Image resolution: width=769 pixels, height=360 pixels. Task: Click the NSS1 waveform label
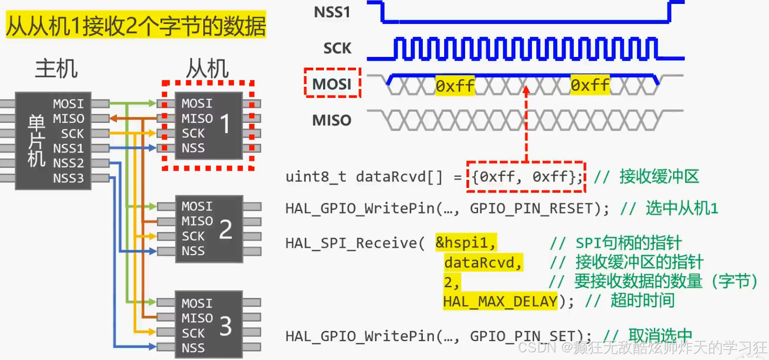coord(332,12)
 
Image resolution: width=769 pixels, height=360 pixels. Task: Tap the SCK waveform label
coord(337,48)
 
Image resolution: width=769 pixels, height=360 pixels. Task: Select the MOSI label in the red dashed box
coord(332,84)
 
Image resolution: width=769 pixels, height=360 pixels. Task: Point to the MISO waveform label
coord(332,120)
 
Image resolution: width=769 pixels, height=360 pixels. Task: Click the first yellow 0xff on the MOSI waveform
coord(455,86)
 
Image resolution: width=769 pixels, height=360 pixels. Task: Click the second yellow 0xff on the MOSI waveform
coord(590,85)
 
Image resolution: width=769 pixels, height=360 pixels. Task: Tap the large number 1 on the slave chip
coord(225,124)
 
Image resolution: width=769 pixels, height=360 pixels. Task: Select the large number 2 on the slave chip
coord(226,229)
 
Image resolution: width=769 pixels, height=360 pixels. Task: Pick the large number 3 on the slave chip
coord(226,326)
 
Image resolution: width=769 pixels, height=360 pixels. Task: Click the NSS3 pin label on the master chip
coord(68,178)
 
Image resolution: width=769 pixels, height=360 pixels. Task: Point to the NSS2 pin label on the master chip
coord(68,163)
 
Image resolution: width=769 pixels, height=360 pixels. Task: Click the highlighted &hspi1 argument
coord(466,243)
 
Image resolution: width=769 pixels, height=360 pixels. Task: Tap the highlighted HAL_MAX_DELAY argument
coord(500,301)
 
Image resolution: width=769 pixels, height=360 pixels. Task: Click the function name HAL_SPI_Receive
coord(351,243)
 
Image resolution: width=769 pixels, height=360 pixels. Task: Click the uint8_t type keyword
coord(316,176)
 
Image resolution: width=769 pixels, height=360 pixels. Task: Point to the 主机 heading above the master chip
coord(56,68)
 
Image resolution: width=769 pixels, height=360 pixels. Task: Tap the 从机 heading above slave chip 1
coord(208,68)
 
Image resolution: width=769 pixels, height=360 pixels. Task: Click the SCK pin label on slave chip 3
coord(193,333)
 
